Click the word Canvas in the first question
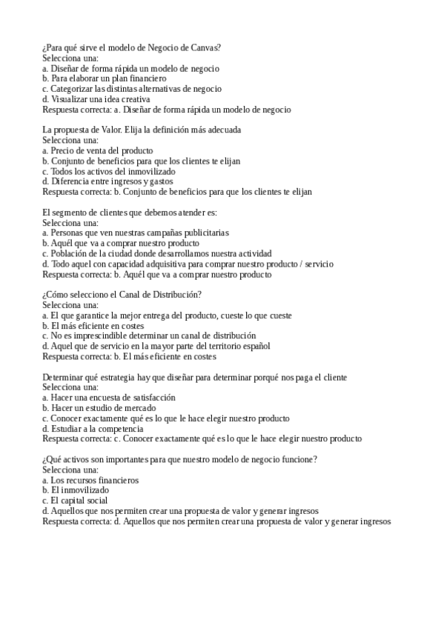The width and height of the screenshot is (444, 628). click(x=205, y=47)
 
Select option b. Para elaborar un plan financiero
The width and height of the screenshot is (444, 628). click(x=105, y=78)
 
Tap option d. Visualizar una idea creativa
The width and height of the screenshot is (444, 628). click(x=96, y=98)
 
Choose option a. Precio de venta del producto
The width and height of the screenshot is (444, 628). click(x=98, y=150)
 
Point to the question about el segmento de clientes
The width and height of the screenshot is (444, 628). click(x=130, y=213)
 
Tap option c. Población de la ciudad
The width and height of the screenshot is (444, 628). click(x=157, y=253)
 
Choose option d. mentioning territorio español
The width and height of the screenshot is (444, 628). click(x=156, y=346)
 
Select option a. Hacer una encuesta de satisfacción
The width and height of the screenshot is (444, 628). click(x=109, y=397)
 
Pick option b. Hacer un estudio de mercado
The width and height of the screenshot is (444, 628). click(x=99, y=407)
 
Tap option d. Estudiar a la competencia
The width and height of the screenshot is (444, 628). click(x=93, y=428)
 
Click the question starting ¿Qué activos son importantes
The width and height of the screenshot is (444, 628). click(x=180, y=459)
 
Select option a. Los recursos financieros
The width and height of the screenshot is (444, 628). click(x=90, y=480)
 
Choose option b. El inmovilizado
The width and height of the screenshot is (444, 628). click(x=76, y=490)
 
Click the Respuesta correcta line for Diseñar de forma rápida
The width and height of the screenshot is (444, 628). click(x=167, y=110)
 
